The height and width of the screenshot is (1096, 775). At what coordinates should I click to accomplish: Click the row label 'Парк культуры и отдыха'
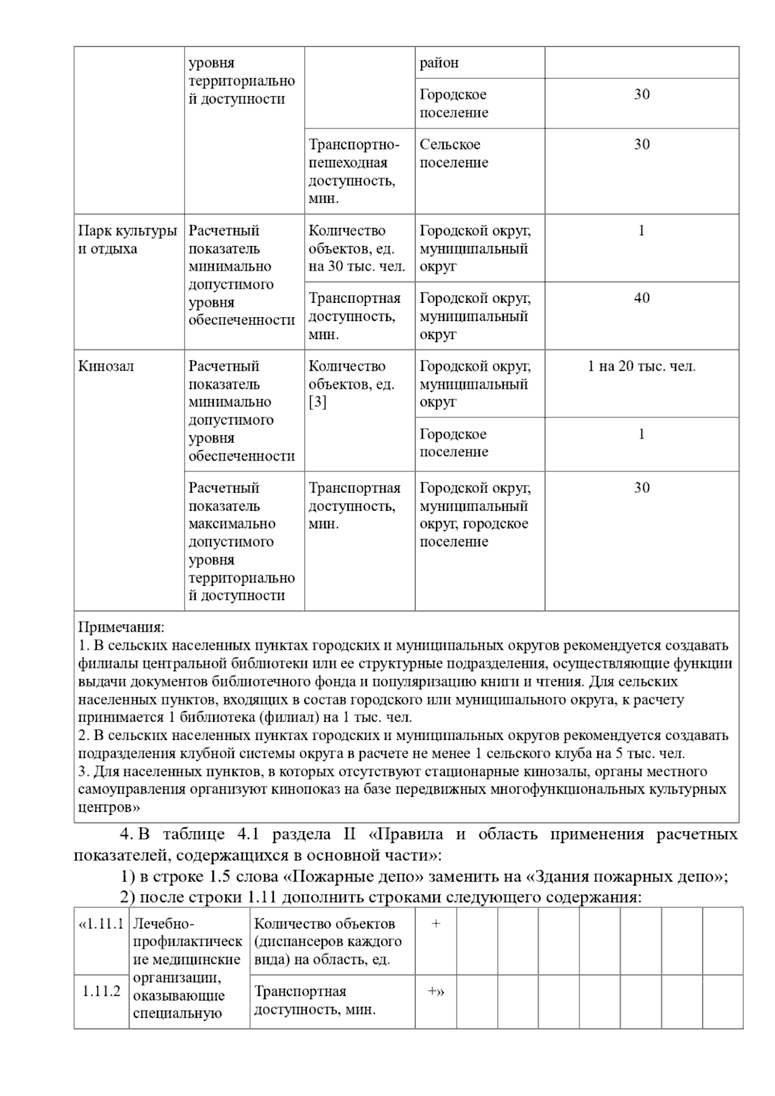coord(127,240)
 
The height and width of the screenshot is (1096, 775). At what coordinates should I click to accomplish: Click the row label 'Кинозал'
coord(106,366)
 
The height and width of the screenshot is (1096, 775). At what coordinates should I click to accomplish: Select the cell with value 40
coord(641,298)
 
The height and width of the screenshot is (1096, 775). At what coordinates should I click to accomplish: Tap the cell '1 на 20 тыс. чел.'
coord(641,366)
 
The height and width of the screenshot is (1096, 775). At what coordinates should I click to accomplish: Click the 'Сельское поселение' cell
coord(453,154)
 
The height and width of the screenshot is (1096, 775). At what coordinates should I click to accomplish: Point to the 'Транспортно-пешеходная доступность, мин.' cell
coord(354,171)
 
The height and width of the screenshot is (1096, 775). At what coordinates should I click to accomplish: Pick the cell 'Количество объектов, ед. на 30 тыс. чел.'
coord(356,249)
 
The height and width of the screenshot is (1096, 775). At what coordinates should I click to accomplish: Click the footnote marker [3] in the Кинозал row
coord(317,402)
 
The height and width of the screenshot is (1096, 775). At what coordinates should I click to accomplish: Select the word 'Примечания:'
coord(121,627)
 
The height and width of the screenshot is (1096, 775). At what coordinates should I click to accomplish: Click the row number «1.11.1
coord(101,924)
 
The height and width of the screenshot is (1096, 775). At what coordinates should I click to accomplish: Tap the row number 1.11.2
coord(101,991)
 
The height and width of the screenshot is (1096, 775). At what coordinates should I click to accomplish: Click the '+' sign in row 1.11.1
coord(436,924)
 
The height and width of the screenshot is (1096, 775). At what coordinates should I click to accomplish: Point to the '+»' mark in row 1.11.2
coord(436,991)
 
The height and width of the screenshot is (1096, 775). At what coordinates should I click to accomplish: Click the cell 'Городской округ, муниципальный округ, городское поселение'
coord(475,515)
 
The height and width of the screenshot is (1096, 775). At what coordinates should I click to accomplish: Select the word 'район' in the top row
coord(439,63)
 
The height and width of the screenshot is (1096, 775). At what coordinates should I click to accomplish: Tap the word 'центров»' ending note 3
coord(109,807)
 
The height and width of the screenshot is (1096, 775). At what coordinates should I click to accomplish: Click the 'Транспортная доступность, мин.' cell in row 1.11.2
coord(315,1000)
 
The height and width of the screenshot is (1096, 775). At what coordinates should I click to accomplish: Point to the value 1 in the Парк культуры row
coord(641,231)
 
